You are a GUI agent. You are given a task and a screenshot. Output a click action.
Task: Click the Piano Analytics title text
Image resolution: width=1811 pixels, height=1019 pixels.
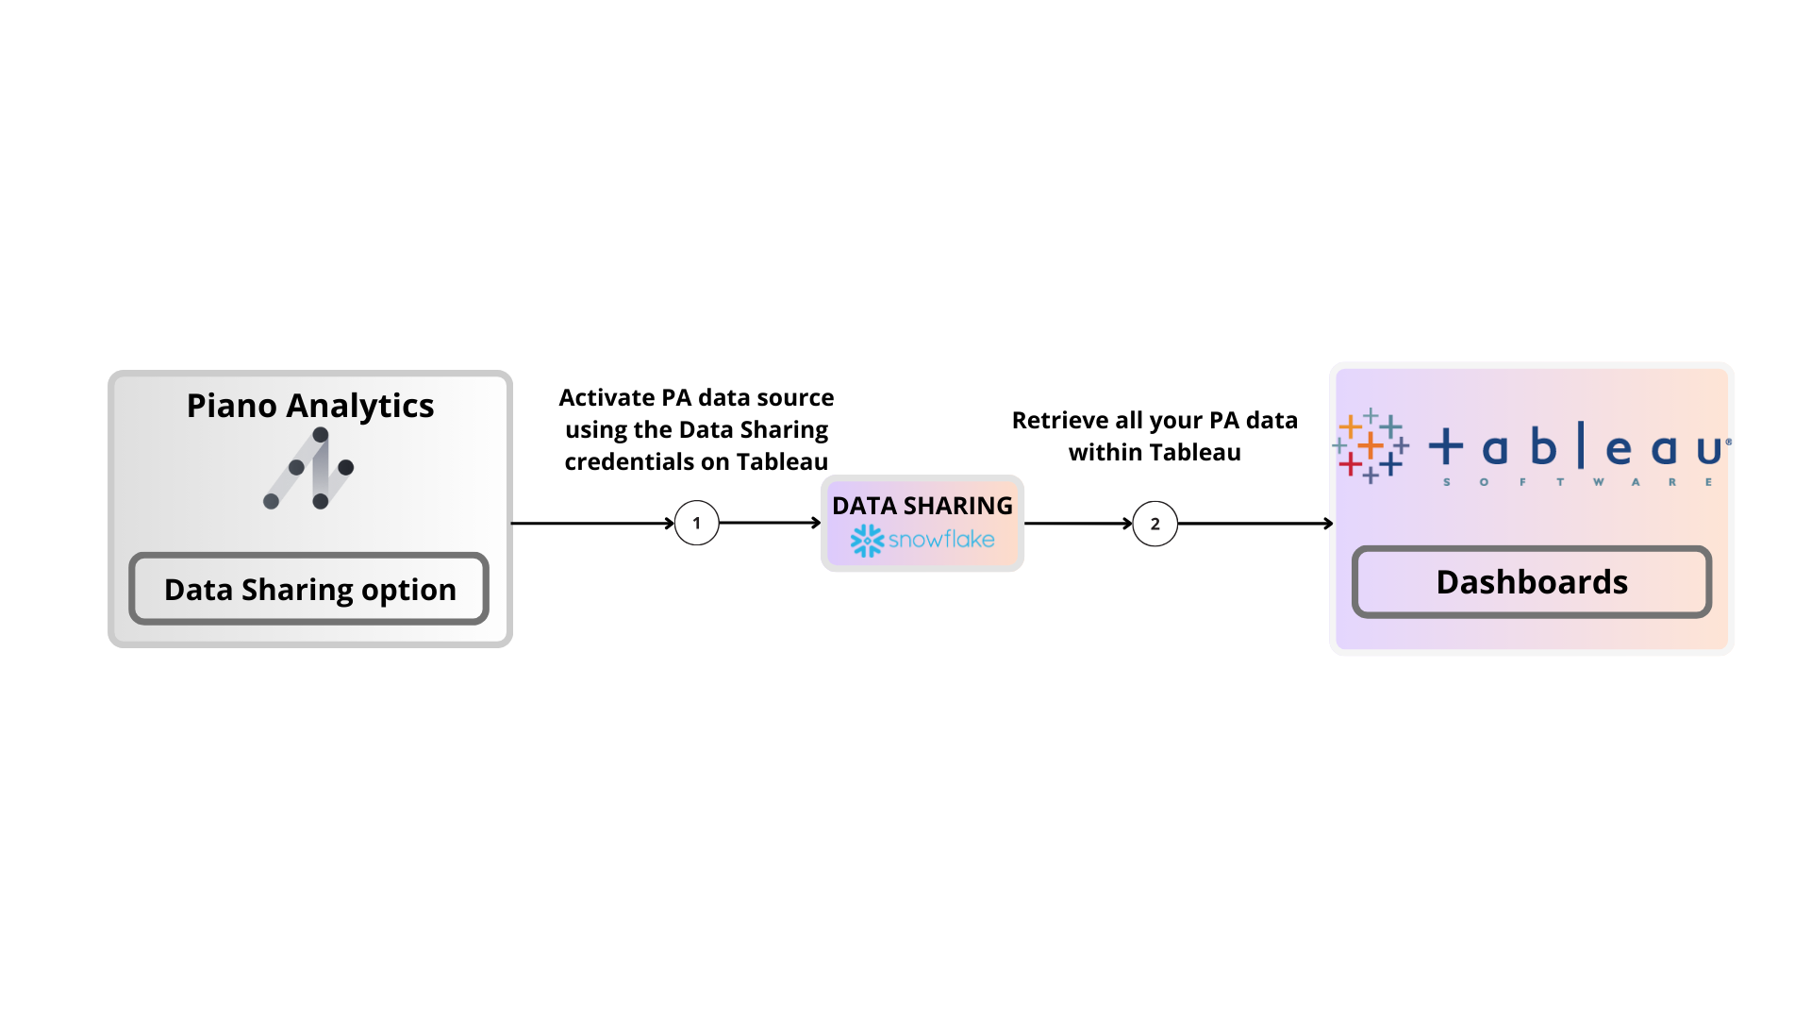pos(309,406)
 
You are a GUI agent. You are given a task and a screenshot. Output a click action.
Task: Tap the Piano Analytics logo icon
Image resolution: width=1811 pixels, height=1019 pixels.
pos(309,469)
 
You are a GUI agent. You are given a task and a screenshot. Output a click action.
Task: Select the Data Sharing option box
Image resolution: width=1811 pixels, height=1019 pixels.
pos(309,589)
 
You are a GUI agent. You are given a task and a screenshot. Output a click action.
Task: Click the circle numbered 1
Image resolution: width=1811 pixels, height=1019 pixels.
pos(696,524)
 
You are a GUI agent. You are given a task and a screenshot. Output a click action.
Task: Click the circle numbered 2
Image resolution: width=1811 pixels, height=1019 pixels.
pos(1155,524)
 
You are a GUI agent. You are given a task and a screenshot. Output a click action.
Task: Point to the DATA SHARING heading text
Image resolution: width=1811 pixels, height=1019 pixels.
pos(922,506)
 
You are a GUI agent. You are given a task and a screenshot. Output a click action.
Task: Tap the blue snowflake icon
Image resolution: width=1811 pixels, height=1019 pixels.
pos(867,541)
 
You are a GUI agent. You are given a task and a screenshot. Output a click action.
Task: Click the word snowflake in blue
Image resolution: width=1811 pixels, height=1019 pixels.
pos(941,540)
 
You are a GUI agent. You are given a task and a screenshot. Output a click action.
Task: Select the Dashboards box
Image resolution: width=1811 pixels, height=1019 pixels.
pos(1531,582)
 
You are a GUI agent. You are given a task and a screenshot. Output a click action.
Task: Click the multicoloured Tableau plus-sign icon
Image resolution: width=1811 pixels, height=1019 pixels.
pos(1371,445)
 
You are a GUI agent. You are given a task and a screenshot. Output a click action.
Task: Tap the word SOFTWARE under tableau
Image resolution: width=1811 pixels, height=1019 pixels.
pos(1577,482)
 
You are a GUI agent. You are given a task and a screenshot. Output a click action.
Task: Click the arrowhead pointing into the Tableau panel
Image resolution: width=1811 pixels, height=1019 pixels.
pos(1328,524)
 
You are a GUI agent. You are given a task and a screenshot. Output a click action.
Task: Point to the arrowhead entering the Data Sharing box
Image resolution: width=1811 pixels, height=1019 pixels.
pos(816,523)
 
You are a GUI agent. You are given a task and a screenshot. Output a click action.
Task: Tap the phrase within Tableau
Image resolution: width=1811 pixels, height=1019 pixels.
pos(1155,453)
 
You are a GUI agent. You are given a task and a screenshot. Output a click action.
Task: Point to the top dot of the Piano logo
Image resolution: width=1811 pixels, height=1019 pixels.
pos(321,435)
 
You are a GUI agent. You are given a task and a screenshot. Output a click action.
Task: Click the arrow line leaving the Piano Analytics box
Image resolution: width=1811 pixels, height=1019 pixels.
pos(590,523)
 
